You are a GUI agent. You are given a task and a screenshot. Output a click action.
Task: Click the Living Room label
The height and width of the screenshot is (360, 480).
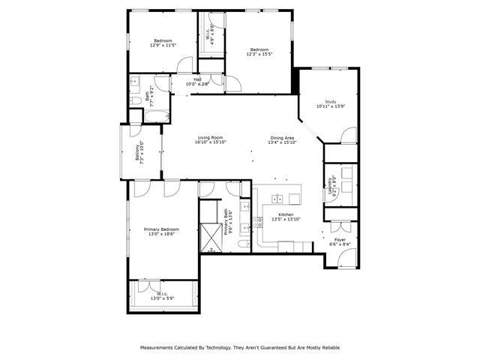[x=211, y=137]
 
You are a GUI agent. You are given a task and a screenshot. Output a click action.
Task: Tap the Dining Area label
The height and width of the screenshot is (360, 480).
[x=282, y=137]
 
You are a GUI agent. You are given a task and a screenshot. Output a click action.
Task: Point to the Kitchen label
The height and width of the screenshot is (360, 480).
[x=286, y=214]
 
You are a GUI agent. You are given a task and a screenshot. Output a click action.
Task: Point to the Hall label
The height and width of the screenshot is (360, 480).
[x=197, y=79]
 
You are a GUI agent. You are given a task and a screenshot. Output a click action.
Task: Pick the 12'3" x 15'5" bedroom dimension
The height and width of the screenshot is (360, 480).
[x=259, y=54]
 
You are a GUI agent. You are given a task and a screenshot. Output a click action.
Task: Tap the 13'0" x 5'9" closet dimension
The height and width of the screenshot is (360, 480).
[x=162, y=298]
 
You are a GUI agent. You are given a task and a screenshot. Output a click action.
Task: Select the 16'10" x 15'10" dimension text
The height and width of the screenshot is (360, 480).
[x=211, y=142]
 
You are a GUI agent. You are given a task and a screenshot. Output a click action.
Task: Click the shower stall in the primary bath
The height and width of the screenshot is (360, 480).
[x=211, y=235]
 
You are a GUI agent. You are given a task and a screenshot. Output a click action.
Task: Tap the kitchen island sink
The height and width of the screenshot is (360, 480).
[x=277, y=199]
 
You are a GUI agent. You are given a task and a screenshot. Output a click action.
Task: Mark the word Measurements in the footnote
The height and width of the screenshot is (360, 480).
[x=160, y=348]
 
